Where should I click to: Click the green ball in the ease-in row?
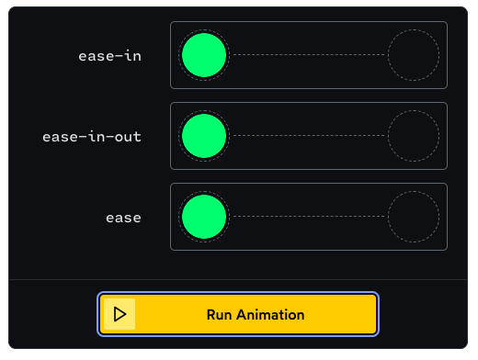[x=203, y=55]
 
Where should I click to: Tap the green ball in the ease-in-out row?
[x=203, y=136]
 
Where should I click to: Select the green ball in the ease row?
[x=203, y=218]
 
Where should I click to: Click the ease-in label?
[x=110, y=56]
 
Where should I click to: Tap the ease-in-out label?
[x=92, y=137]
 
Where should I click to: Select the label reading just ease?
[x=123, y=218]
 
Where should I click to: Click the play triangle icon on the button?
[x=119, y=314]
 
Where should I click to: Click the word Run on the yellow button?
[x=221, y=314]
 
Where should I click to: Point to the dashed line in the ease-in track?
[x=308, y=55]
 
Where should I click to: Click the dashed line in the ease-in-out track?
[x=308, y=136]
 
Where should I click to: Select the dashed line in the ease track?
[x=308, y=218]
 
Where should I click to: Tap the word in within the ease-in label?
[x=132, y=56]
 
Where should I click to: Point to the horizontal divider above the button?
[x=239, y=278]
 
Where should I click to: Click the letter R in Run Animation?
[x=211, y=314]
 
